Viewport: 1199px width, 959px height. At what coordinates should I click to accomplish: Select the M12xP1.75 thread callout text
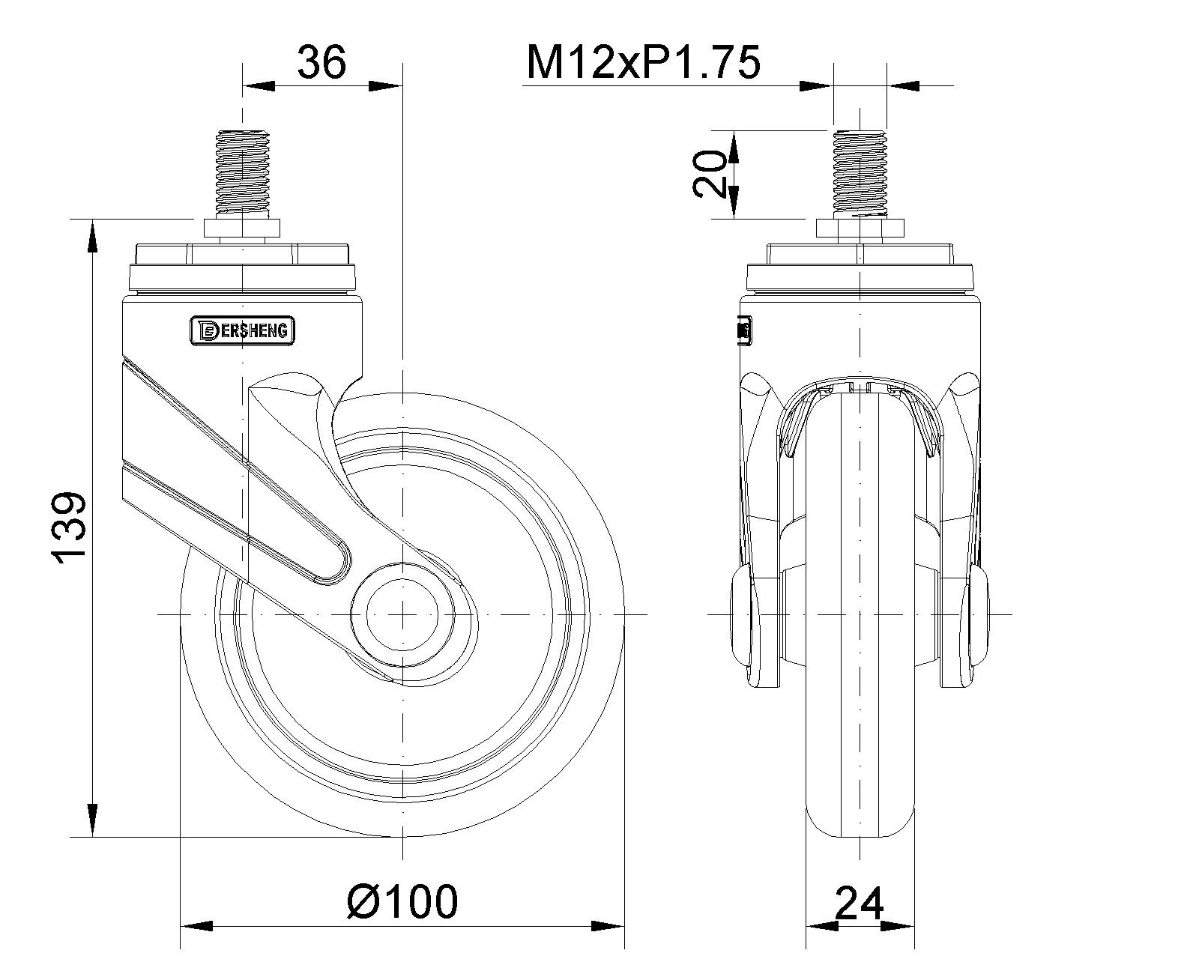pyautogui.click(x=643, y=62)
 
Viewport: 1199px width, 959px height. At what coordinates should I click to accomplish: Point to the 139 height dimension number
pyautogui.click(x=69, y=527)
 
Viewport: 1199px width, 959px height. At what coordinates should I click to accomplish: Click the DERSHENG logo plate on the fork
pyautogui.click(x=242, y=331)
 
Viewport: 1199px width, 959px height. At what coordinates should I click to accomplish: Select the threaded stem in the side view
pyautogui.click(x=242, y=173)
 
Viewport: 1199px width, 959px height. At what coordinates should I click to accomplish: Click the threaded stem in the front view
pyautogui.click(x=860, y=173)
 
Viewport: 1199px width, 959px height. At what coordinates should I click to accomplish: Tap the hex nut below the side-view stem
pyautogui.click(x=242, y=229)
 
